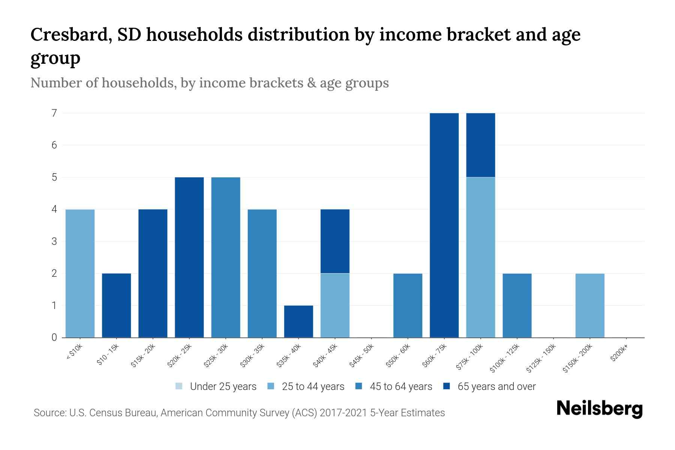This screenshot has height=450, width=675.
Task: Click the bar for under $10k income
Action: point(80,273)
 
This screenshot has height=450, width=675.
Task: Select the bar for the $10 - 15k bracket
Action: point(116,305)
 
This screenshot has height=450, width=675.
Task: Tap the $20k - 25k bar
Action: point(189,257)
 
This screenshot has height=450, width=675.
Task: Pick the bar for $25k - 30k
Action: point(226,257)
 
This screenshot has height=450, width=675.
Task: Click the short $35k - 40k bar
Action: point(298,321)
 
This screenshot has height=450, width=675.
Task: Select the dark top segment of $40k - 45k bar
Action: point(335,241)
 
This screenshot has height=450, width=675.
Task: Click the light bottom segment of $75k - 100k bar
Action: point(480,257)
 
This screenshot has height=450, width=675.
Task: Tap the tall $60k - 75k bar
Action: point(444,225)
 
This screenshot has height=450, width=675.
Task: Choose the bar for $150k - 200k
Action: point(590,305)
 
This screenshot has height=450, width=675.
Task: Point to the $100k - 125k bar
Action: point(517,305)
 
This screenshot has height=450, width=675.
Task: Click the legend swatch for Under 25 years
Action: point(179,386)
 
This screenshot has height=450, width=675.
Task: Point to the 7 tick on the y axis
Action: point(54,113)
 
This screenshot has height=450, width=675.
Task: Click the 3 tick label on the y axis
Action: point(54,241)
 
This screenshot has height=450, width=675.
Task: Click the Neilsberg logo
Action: point(599,409)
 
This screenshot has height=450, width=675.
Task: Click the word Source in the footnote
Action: point(49,413)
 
